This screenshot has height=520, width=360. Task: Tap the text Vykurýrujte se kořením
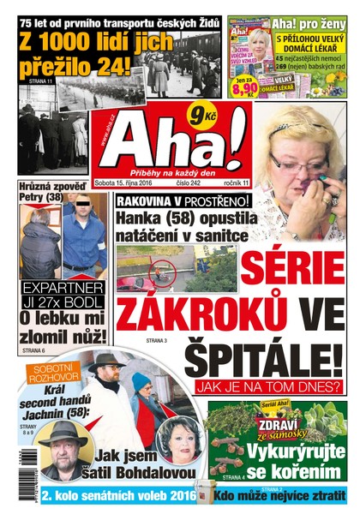[296, 455]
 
